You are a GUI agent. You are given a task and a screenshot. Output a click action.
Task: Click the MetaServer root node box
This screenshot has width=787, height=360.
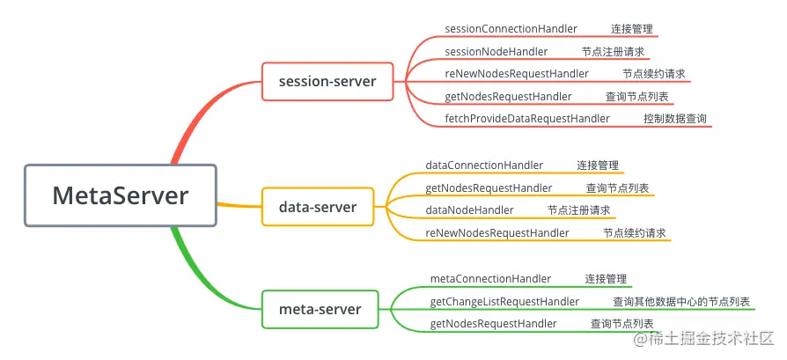[120, 195]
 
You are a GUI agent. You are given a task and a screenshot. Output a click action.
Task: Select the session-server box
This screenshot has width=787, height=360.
[327, 82]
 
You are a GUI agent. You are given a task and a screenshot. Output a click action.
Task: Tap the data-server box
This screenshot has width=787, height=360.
[317, 207]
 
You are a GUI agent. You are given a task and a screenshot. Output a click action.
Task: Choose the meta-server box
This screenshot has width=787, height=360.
[320, 309]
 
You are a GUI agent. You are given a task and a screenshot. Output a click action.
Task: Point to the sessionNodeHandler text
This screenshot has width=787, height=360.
[496, 52]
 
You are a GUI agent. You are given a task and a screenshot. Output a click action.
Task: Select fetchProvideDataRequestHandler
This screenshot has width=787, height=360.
[526, 119]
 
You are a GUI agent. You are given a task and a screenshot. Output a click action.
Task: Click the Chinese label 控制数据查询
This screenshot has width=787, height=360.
[674, 119]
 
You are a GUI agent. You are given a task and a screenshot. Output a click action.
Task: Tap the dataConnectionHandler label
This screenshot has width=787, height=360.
[484, 165]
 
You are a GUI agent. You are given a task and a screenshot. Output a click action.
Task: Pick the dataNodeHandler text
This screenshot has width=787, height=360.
[469, 210]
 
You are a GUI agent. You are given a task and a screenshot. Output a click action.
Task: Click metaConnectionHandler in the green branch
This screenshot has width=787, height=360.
[490, 279]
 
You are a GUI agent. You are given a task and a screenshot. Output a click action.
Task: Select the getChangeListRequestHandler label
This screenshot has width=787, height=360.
[504, 302]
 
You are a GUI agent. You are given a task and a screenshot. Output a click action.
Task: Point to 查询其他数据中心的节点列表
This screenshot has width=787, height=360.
[681, 302]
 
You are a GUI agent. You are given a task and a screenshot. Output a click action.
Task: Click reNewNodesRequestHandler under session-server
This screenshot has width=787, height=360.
[516, 74]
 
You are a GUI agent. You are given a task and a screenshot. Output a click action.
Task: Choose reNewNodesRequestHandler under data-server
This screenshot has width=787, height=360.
[496, 233]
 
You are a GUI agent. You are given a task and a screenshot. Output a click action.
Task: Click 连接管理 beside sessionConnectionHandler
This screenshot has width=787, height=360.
[631, 29]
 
